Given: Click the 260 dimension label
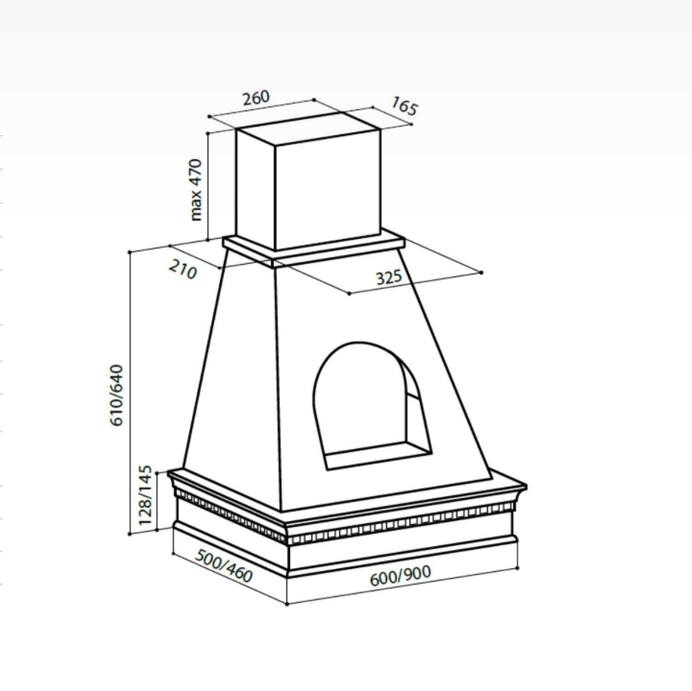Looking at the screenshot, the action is (256, 98).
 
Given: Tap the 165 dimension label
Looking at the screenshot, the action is (404, 107).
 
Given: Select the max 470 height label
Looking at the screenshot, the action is (196, 190).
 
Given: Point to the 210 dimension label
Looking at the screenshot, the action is (183, 270).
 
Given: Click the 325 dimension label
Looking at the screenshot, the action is (389, 277).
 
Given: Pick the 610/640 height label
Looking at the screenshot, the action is (116, 395).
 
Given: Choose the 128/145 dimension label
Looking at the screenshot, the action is (145, 495).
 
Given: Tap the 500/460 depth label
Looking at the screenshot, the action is (224, 566).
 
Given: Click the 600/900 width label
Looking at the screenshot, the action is (400, 575).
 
